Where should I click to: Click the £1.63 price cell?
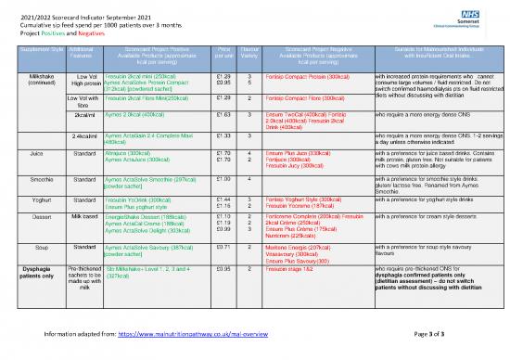[223, 112]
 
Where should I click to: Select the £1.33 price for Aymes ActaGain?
[223, 135]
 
